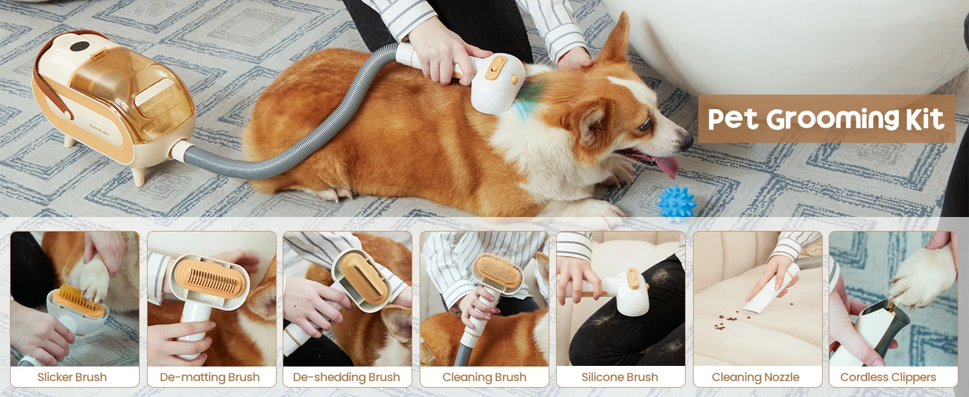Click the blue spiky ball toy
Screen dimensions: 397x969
pos(676,202)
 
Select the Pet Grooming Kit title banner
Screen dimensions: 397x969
pos(826,119)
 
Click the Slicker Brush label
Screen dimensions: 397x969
pos(72,377)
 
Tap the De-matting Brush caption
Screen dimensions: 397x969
pos(210,377)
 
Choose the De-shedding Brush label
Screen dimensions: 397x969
pos(347,377)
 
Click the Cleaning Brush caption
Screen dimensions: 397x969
pos(484,377)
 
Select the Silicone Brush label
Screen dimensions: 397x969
pos(620,377)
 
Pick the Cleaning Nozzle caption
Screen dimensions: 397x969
pos(756,377)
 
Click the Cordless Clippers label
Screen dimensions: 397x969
pos(888,377)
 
